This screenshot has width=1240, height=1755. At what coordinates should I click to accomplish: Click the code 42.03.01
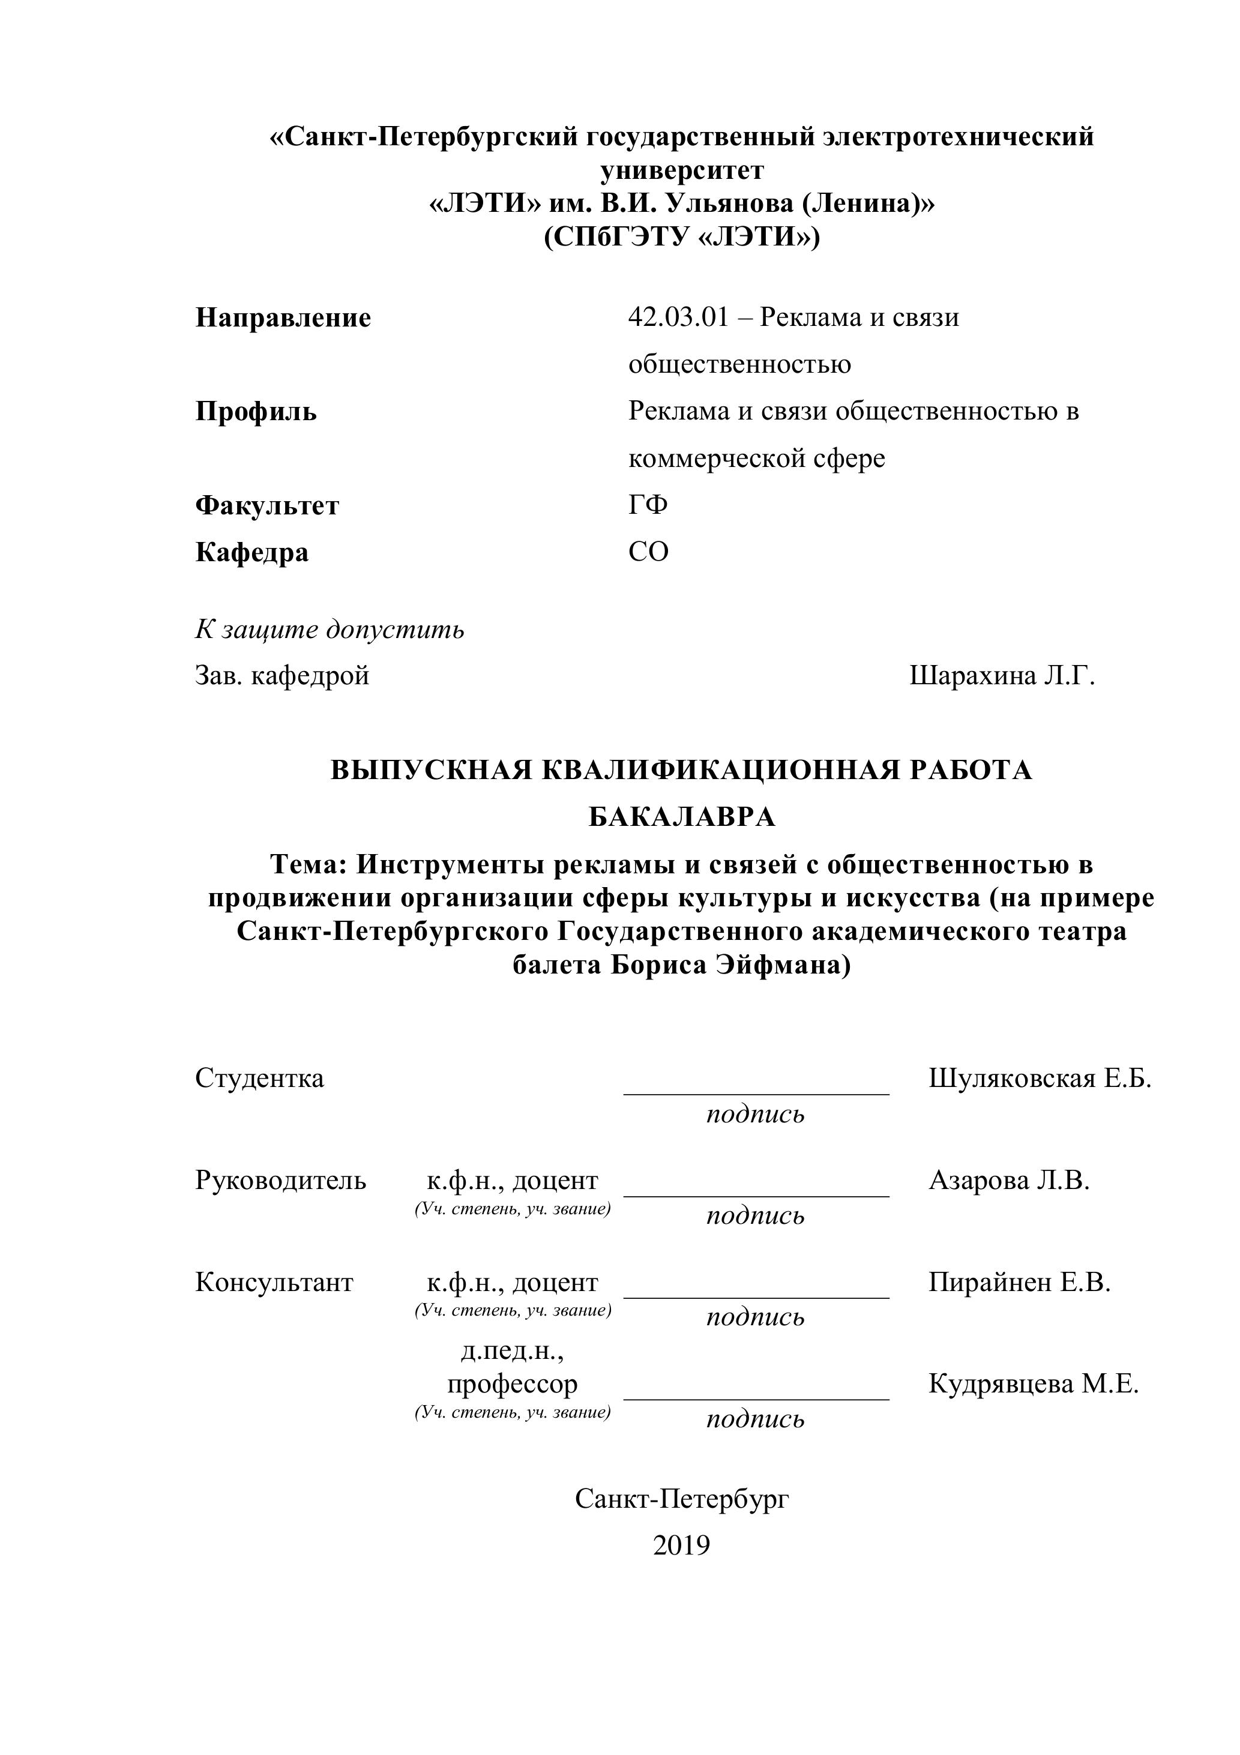[x=678, y=318]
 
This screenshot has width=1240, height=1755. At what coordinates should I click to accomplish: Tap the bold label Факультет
[x=267, y=506]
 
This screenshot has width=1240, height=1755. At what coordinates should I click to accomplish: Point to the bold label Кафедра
[x=251, y=553]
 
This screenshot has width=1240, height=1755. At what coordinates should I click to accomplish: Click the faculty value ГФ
[x=648, y=505]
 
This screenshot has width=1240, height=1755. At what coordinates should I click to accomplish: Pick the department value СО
[x=648, y=552]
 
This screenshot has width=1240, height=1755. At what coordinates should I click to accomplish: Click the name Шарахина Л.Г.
[x=1002, y=676]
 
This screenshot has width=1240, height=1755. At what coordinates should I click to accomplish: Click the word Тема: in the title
[x=309, y=864]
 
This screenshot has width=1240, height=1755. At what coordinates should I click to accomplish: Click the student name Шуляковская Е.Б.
[x=1039, y=1079]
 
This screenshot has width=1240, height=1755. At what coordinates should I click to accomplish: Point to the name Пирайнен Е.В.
[x=1019, y=1282]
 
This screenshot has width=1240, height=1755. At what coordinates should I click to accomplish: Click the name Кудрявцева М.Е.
[x=1033, y=1383]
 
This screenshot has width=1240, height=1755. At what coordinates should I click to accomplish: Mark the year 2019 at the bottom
[x=681, y=1546]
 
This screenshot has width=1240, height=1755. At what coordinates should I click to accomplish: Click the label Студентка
[x=259, y=1079]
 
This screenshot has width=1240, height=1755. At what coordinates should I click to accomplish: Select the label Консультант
[x=274, y=1282]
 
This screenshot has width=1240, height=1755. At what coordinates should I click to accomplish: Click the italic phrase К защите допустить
[x=330, y=630]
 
